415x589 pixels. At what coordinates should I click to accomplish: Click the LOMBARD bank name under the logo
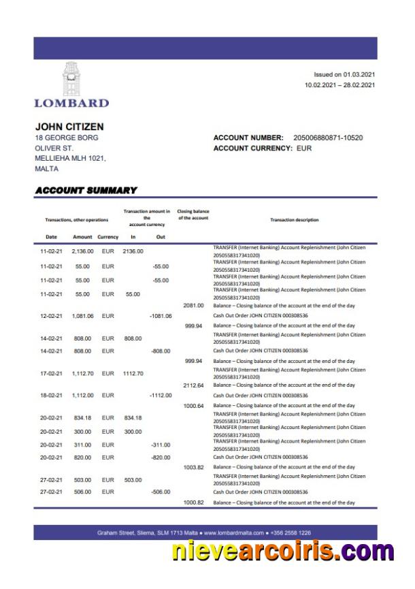coord(71,103)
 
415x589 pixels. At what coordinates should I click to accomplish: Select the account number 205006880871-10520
coord(328,138)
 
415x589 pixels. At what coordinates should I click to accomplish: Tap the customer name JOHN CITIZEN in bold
coord(69,127)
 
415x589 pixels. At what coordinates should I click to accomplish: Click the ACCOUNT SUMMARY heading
coord(86,191)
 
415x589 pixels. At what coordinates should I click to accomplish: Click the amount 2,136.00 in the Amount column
coord(82,251)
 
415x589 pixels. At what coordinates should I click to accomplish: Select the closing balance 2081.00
coord(193,306)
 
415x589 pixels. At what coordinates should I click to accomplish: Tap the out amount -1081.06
coord(161,316)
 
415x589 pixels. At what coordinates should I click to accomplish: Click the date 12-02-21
coord(52,316)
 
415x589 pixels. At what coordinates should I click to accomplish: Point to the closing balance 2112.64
coord(193,385)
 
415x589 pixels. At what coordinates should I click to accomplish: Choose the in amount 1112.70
coord(132,373)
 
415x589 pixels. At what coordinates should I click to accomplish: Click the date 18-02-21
coord(52,396)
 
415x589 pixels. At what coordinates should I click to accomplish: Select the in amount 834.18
coord(132,417)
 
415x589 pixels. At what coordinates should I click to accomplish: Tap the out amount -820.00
coord(161,458)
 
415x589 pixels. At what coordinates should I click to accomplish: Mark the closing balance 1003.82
coord(193,468)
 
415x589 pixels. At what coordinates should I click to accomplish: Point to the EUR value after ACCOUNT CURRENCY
coord(304,148)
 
